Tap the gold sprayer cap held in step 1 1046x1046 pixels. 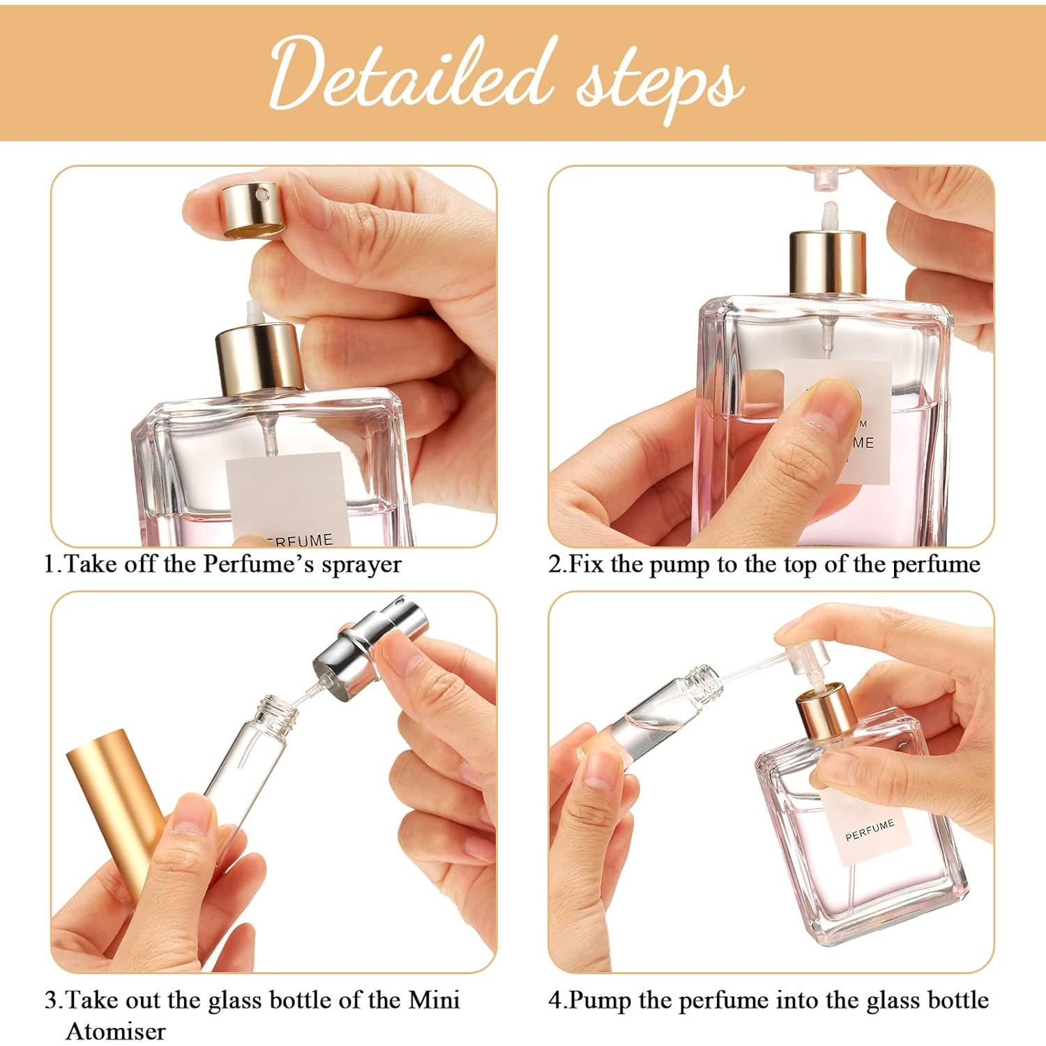252,209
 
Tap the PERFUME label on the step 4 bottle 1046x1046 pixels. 869,830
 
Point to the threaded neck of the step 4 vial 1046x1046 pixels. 702,676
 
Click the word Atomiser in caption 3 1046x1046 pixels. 116,1030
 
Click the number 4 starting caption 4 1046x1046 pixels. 554,1000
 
